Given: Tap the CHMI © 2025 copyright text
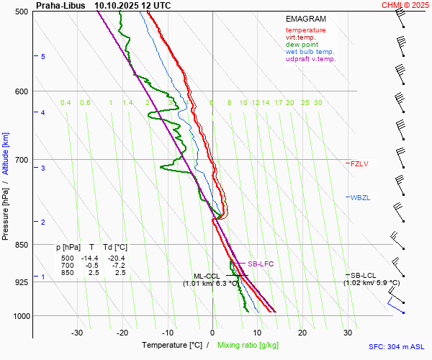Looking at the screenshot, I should pyautogui.click(x=405, y=5).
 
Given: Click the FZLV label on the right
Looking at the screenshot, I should pyautogui.click(x=359, y=164).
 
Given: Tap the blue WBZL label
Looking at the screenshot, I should pyautogui.click(x=359, y=197).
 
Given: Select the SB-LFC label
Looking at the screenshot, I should pyautogui.click(x=261, y=264).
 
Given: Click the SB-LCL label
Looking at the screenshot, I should pyautogui.click(x=364, y=275).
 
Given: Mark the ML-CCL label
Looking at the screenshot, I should pyautogui.click(x=207, y=276).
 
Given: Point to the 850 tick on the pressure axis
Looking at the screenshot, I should pyautogui.click(x=21, y=245).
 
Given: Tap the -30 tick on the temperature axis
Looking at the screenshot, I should pyautogui.click(x=77, y=333).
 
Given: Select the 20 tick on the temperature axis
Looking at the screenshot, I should pyautogui.click(x=302, y=333).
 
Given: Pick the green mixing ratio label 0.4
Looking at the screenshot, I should pyautogui.click(x=66, y=103).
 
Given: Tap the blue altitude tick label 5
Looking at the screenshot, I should pyautogui.click(x=43, y=56).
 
